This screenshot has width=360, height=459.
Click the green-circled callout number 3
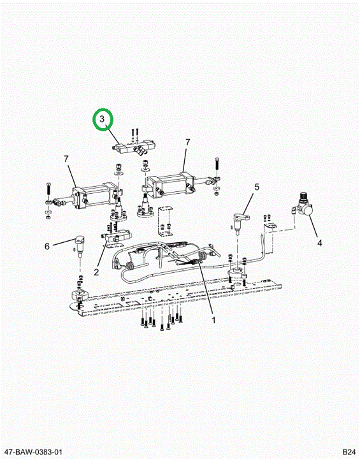102,119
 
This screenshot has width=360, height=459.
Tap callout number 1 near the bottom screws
213,320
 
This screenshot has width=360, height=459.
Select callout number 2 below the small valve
96,272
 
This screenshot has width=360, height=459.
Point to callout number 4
320,243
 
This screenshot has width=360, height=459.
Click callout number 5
257,186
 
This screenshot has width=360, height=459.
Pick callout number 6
47,246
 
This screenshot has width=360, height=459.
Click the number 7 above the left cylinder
66,159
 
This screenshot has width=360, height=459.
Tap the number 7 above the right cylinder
187,142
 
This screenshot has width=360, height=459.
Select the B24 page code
349,452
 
